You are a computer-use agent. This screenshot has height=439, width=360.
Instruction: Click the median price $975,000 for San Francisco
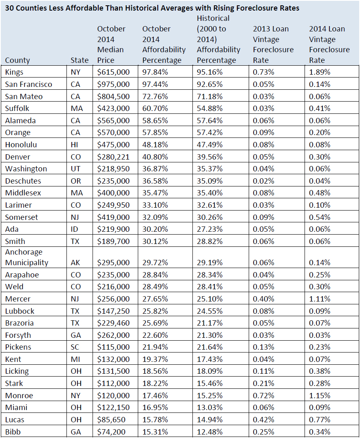point(113,84)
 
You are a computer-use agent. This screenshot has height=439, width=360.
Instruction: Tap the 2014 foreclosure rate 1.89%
point(320,72)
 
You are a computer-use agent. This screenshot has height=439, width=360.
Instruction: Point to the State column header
point(80,60)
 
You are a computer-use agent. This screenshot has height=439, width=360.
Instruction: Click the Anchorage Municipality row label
point(27,257)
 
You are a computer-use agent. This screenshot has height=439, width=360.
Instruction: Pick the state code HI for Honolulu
point(75,145)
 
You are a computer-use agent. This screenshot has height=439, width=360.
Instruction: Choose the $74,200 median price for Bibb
point(111,432)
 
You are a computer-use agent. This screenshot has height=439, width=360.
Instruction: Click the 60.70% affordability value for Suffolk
point(155,109)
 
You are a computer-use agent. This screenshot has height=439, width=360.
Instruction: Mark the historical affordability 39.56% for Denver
point(210,157)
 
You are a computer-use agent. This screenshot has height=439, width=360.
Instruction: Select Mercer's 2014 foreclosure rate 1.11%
point(320,299)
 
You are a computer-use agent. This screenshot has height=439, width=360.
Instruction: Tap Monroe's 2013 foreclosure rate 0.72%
point(263,395)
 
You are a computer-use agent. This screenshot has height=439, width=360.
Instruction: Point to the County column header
point(18,60)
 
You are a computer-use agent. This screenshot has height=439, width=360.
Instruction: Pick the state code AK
point(75,263)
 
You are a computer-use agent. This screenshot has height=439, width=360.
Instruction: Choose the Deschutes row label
point(23,181)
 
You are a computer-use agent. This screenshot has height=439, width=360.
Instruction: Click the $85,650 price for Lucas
point(111,420)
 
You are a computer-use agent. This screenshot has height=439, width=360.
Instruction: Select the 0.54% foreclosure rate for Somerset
point(320,217)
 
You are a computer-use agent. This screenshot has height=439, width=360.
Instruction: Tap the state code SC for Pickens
point(75,347)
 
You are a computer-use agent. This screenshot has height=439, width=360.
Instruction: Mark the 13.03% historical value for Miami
point(210,407)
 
